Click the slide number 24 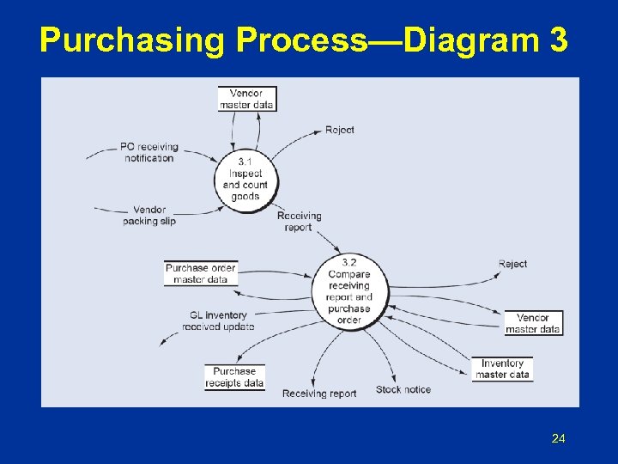point(558,439)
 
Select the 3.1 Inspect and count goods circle point(245,179)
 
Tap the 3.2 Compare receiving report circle point(349,291)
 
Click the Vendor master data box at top point(246,99)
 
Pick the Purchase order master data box point(201,273)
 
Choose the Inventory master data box point(502,369)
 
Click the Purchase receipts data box point(235,377)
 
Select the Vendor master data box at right point(533,323)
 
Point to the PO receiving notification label point(149,152)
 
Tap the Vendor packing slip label point(149,216)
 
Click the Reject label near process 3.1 point(340,130)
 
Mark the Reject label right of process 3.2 point(512,264)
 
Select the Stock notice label point(403,389)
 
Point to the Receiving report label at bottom point(319,394)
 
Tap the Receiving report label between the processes point(300,222)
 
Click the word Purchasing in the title point(131,40)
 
